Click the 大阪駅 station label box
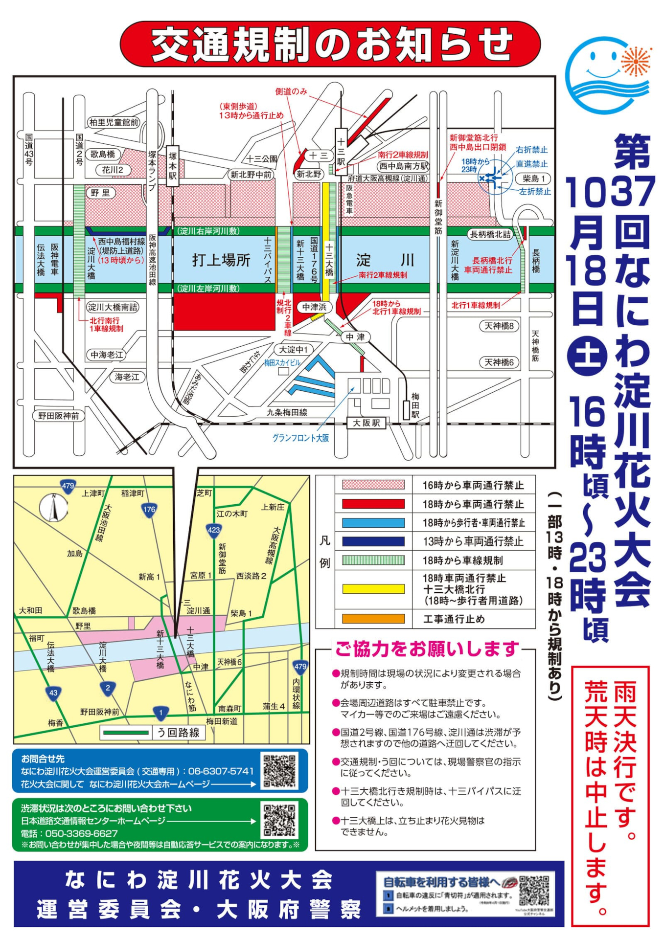tap(366, 423)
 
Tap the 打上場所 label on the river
tap(221, 260)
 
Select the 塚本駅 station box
tap(172, 166)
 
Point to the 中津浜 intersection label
tap(314, 307)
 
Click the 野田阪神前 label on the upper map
tap(58, 416)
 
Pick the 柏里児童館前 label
tap(114, 122)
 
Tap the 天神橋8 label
tap(499, 326)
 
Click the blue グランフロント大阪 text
tap(300, 438)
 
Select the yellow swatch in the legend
tap(373, 589)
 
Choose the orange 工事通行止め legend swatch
tap(373, 619)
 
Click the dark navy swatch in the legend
tap(373, 541)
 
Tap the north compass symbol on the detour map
tap(53, 508)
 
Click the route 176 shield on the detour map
tap(149, 510)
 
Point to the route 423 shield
tap(214, 531)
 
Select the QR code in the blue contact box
tap(279, 771)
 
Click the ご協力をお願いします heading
tap(427, 649)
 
